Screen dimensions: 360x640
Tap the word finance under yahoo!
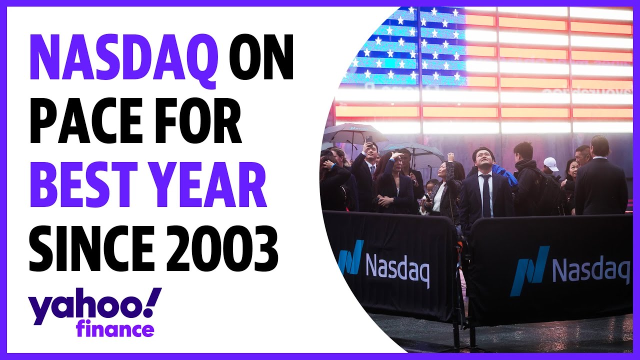[x=115, y=330]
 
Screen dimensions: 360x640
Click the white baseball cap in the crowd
[x=550, y=163]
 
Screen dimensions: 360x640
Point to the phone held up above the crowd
[x=368, y=140]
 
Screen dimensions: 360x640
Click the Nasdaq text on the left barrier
[x=397, y=270]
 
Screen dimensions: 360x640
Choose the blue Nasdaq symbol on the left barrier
[x=350, y=257]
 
